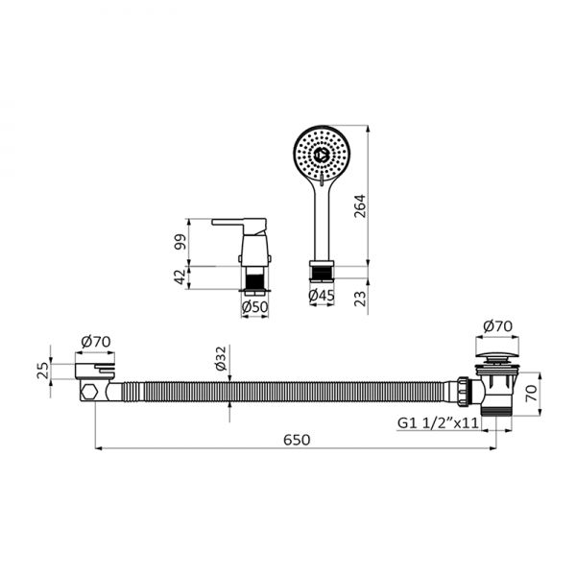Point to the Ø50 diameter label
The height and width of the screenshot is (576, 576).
pos(254,306)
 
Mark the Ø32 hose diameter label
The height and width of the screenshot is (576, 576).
pos(221,361)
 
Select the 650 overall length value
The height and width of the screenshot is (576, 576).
pos(297,439)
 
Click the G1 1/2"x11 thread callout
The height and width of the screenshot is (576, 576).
pos(438,422)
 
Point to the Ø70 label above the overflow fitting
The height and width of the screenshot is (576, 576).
pos(97,341)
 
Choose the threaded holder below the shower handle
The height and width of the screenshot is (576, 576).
pos(322,270)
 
